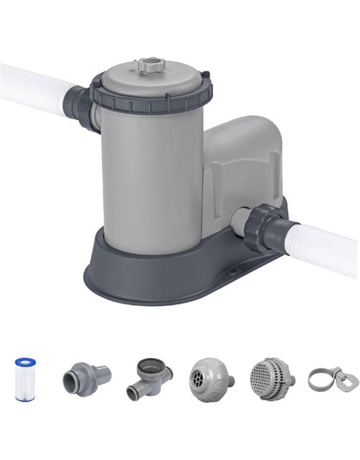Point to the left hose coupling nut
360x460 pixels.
coord(83,106)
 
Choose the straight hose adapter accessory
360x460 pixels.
coord(86,377)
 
